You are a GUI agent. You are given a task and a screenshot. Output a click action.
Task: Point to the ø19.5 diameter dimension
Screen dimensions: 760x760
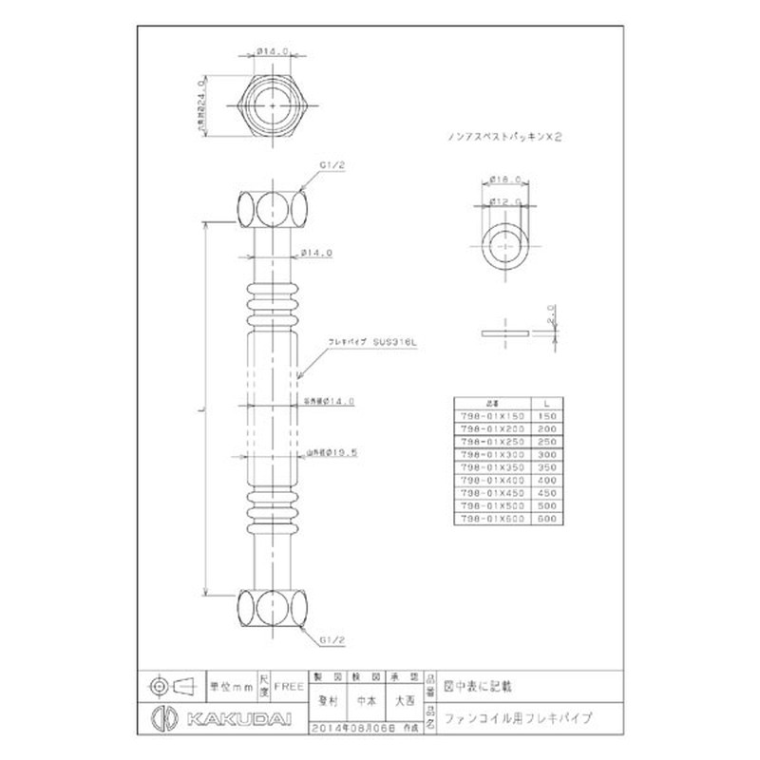point(338,453)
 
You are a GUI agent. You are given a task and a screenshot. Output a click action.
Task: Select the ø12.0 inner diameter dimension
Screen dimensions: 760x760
point(503,200)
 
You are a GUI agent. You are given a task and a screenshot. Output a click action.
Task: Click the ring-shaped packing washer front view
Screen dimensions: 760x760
point(504,246)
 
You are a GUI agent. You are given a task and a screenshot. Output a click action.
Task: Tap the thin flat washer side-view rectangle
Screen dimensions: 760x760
point(504,334)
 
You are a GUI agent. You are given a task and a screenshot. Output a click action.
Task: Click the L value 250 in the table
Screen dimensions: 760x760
point(546,443)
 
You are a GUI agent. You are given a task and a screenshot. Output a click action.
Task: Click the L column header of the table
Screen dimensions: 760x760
point(546,403)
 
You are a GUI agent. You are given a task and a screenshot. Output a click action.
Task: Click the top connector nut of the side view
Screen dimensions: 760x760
point(272,207)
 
